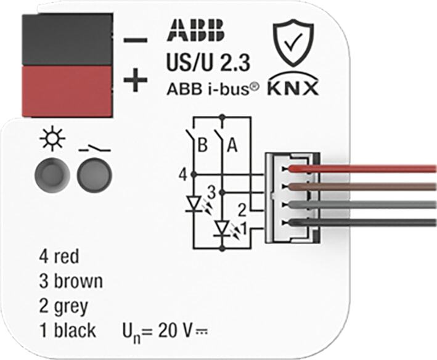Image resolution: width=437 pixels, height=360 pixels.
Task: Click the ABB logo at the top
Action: pos(196,31)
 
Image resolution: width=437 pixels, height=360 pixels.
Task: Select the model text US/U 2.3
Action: pos(208,63)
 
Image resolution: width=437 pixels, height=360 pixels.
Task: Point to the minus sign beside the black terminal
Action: pos(136,40)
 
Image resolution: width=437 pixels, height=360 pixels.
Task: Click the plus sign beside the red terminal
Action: pos(136,80)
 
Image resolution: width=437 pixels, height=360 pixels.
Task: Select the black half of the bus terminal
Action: pos(67,39)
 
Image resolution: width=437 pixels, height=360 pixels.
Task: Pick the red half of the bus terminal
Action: pos(67,91)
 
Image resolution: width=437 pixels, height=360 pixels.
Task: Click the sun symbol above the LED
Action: pos(52,139)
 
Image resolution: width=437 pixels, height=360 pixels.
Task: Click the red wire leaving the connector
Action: pos(362,168)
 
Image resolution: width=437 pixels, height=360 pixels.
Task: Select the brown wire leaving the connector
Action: pos(362,187)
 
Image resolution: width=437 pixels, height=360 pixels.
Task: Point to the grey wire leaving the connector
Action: pos(362,205)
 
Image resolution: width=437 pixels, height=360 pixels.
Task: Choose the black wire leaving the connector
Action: pos(362,223)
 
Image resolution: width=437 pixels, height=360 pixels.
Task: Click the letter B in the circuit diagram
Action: pos(202,145)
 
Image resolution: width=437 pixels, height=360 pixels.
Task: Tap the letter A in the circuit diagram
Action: pos(232,145)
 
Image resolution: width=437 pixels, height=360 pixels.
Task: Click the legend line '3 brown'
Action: pos(71,281)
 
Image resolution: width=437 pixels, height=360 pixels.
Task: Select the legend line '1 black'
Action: pos(68,330)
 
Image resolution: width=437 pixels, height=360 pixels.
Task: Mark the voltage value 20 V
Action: pos(175,330)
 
